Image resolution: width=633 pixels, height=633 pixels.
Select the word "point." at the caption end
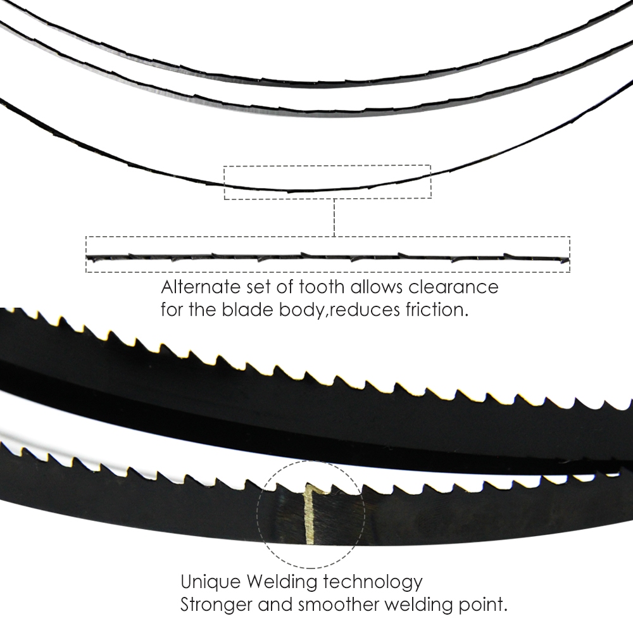(482, 605)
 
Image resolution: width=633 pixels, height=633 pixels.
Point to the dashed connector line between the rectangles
(334, 218)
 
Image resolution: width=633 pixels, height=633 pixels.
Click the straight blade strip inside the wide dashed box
(328, 257)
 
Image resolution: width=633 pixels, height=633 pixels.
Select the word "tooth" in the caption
(322, 287)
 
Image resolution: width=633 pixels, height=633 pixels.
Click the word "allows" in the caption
(377, 287)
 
